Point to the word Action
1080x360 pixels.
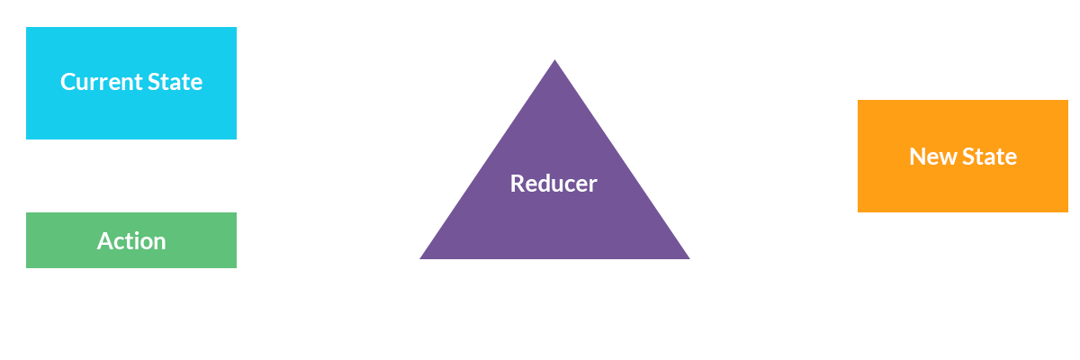(x=131, y=241)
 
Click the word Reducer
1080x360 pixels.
(x=553, y=184)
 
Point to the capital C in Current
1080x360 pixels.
(x=67, y=82)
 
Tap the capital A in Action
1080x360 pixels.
(x=104, y=241)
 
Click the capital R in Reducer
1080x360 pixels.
(x=517, y=184)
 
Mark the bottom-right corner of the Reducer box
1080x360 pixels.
(x=689, y=258)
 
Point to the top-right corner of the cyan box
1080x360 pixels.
(x=236, y=28)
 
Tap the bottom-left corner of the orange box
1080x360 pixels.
(x=859, y=211)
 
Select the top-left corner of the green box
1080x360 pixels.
(x=26, y=213)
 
